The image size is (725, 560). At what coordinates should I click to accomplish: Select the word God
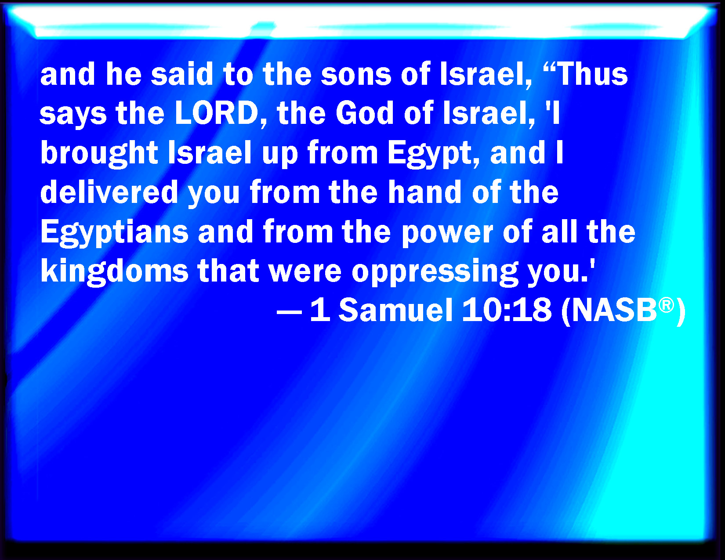[365, 113]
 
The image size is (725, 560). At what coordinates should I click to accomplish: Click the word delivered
[109, 192]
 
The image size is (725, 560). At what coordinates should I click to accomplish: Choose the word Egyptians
[114, 232]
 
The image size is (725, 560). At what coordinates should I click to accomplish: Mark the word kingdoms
[114, 272]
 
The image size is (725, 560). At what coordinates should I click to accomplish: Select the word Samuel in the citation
[396, 310]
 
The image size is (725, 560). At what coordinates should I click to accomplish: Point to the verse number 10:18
[507, 310]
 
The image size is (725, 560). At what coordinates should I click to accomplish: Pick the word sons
[356, 75]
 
